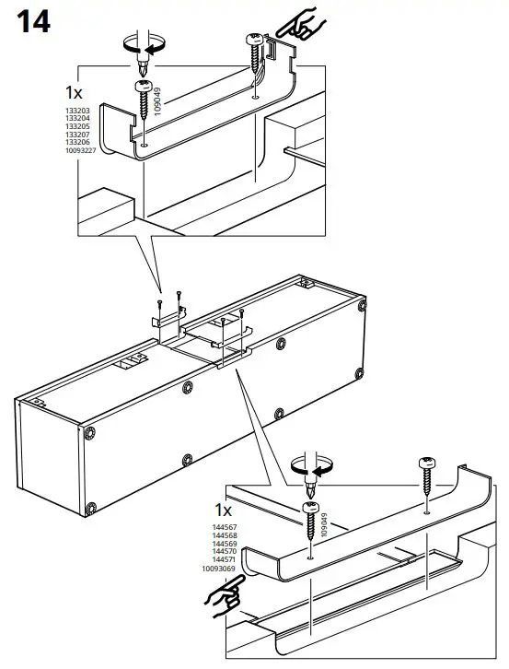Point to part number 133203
coord(77,110)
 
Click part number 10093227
coord(81,150)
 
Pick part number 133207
coord(77,135)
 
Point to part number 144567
coord(225,526)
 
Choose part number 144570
coord(225,551)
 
